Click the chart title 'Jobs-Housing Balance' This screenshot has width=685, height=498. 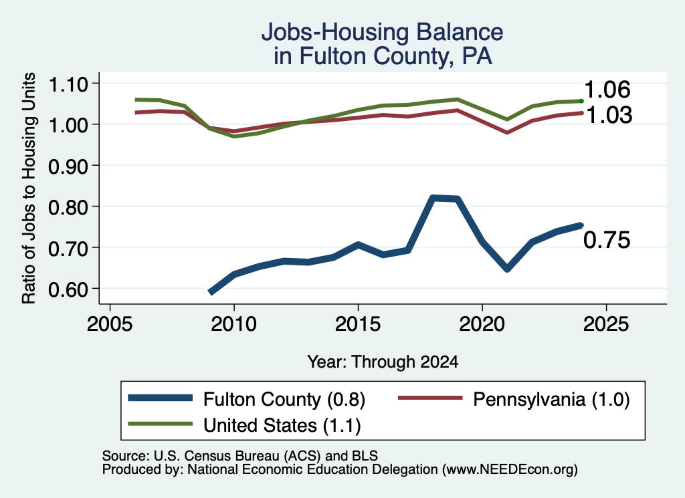[x=382, y=32]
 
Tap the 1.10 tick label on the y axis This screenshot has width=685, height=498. [x=68, y=84]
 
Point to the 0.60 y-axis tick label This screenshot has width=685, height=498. [x=68, y=289]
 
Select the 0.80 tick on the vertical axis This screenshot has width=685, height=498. [x=68, y=207]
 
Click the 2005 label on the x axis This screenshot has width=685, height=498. [x=110, y=324]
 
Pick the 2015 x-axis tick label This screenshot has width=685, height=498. [x=358, y=324]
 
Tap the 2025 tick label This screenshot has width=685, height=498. [x=606, y=324]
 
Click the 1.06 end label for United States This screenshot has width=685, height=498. [x=607, y=90]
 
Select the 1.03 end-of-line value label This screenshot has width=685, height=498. [x=609, y=115]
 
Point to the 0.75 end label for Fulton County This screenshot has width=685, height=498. [x=607, y=241]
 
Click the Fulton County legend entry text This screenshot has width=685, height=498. [x=284, y=399]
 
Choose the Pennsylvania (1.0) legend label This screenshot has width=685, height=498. [x=551, y=399]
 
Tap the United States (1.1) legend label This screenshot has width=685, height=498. [x=282, y=425]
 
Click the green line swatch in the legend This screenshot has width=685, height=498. [x=161, y=424]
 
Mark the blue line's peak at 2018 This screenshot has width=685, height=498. [x=433, y=199]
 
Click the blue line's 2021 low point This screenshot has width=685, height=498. [x=507, y=269]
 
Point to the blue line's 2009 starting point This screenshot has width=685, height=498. [x=211, y=292]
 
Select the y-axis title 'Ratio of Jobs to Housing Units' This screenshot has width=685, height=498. [x=29, y=188]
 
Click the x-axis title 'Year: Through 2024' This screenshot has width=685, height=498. [x=383, y=362]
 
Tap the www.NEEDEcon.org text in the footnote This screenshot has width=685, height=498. [x=509, y=470]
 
